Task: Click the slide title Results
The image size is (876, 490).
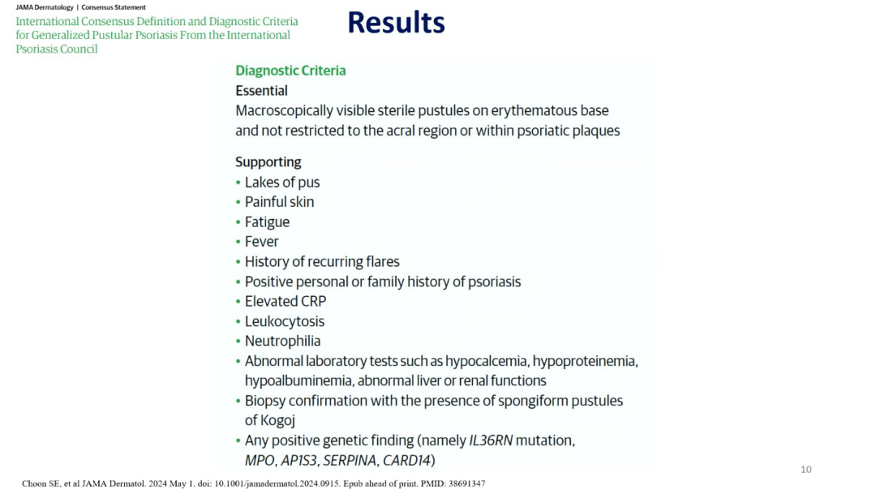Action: click(396, 23)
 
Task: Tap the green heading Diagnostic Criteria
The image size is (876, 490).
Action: click(290, 71)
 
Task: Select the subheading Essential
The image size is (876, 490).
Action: click(261, 91)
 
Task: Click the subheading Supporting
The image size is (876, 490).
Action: click(268, 162)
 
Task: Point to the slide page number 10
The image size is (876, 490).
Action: click(805, 470)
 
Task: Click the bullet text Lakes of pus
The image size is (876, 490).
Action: click(282, 183)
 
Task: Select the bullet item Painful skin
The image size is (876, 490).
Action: click(279, 202)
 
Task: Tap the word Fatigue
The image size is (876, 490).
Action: click(267, 221)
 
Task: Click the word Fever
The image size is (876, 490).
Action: click(261, 242)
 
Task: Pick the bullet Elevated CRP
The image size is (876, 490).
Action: click(286, 301)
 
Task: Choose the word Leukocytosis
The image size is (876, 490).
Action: click(285, 321)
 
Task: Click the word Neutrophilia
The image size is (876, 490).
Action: click(283, 341)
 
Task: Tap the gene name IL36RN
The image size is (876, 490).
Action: click(491, 441)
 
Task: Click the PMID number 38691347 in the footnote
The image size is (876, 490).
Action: click(466, 484)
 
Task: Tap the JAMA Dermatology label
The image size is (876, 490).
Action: click(45, 7)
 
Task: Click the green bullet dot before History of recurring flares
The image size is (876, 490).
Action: click(238, 261)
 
